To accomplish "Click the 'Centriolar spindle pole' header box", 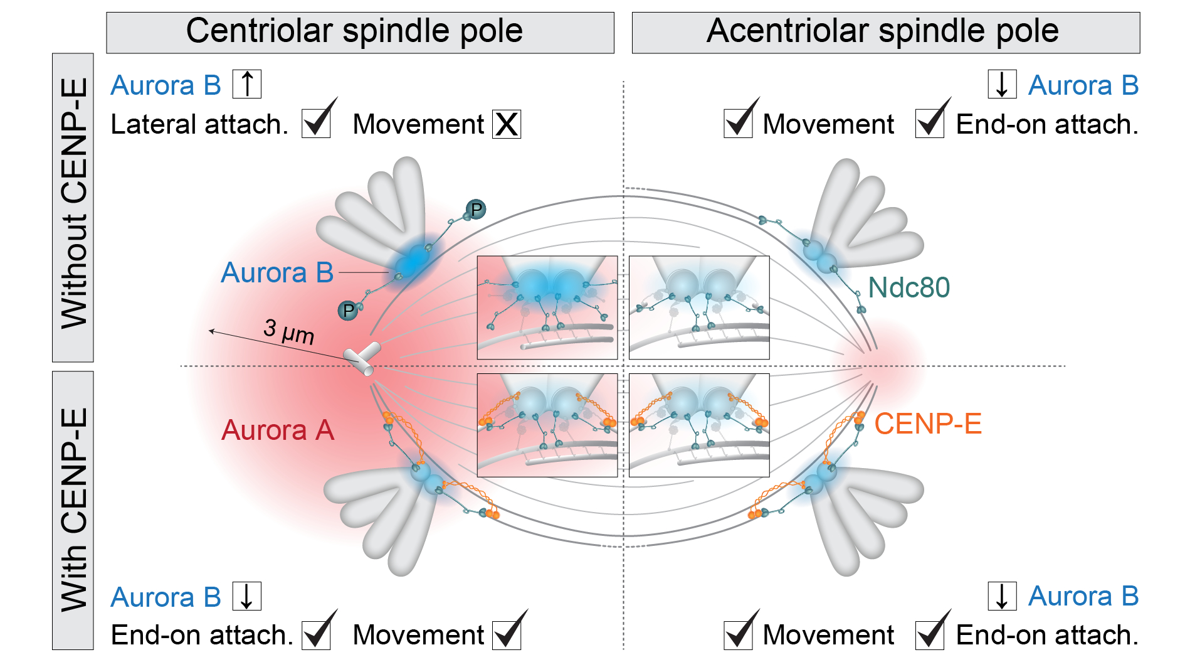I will pyautogui.click(x=360, y=32).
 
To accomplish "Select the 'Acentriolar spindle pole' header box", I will pyautogui.click(x=885, y=32).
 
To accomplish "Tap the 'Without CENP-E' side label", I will pyautogui.click(x=73, y=207).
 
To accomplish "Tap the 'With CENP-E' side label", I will pyautogui.click(x=73, y=510).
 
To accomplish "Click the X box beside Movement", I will pyautogui.click(x=507, y=124).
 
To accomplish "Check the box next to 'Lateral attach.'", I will pyautogui.click(x=316, y=123).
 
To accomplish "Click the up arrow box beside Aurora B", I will pyautogui.click(x=247, y=84).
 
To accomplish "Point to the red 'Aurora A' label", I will pyautogui.click(x=278, y=430).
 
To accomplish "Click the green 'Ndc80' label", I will pyautogui.click(x=908, y=287).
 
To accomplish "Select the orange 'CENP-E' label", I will pyautogui.click(x=927, y=424).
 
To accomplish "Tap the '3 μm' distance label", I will pyautogui.click(x=288, y=331).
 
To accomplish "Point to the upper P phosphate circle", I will pyautogui.click(x=477, y=209).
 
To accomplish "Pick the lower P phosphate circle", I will pyautogui.click(x=348, y=311).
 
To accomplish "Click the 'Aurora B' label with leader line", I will pyautogui.click(x=277, y=273).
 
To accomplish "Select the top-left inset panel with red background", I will pyautogui.click(x=547, y=307).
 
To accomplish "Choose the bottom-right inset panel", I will pyautogui.click(x=699, y=425).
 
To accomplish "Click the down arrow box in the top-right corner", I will pyautogui.click(x=1002, y=84).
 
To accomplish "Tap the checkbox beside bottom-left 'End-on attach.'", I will pyautogui.click(x=316, y=635).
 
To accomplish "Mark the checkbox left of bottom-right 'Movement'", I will pyautogui.click(x=738, y=635).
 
